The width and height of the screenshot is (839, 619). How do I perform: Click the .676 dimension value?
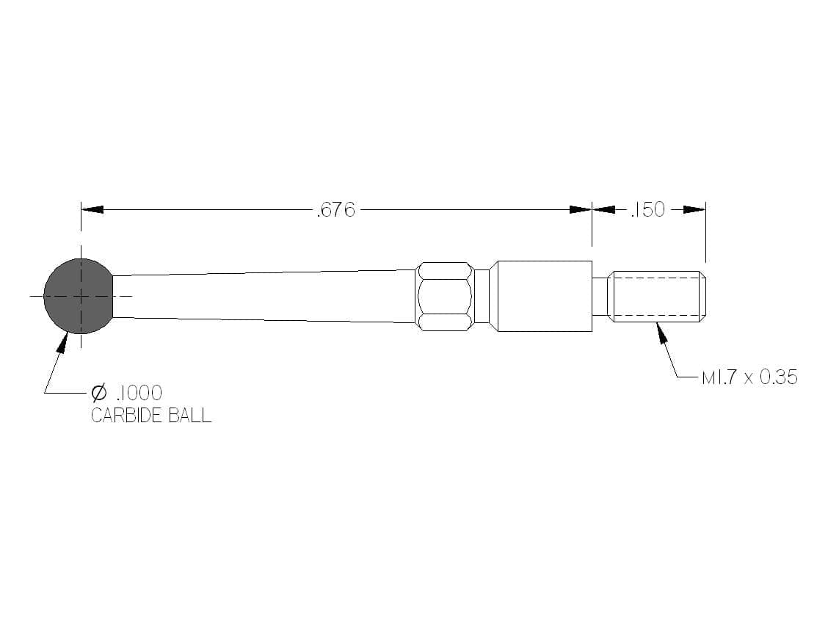(x=336, y=210)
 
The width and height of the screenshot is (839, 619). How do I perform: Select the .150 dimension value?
(x=647, y=210)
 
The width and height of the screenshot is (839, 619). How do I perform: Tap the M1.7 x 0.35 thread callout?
(x=749, y=377)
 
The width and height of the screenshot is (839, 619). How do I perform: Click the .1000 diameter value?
(x=139, y=393)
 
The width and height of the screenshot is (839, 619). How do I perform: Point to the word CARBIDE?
(x=127, y=416)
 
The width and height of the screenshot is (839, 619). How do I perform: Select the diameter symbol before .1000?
(x=99, y=393)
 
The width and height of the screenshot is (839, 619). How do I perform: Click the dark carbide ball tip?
(x=79, y=296)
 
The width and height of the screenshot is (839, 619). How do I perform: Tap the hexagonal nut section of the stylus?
(x=445, y=296)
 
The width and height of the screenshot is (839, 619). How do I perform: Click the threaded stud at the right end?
(x=657, y=297)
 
